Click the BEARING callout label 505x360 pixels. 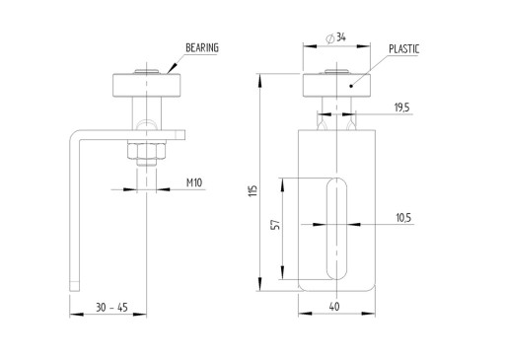tap(202, 48)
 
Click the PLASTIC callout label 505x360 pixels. tap(404, 49)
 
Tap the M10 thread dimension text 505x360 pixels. tap(194, 182)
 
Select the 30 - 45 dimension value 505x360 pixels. tap(111, 308)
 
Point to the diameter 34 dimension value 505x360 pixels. tap(341, 37)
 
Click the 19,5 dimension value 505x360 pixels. tap(401, 108)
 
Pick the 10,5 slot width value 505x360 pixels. tap(403, 218)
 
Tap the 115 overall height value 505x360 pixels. tap(252, 191)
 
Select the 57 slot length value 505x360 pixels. tap(276, 225)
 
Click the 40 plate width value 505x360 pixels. tap(334, 307)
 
